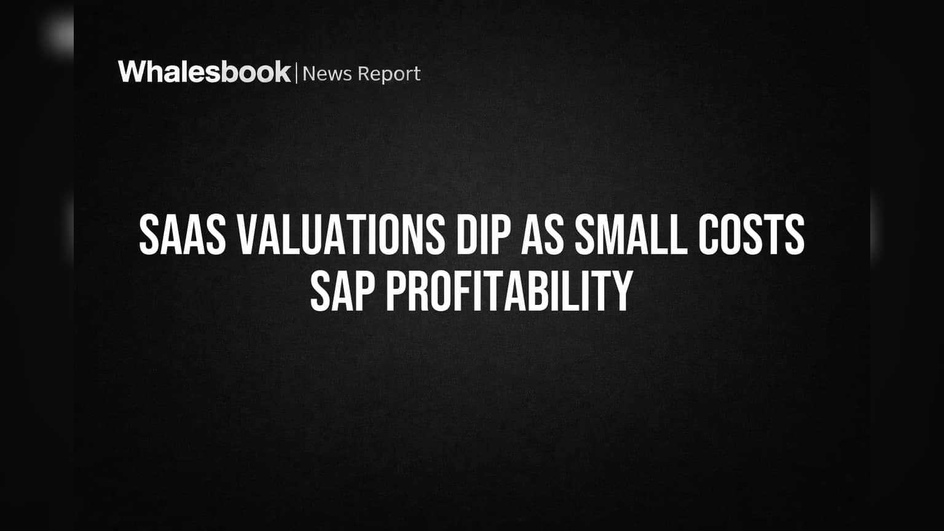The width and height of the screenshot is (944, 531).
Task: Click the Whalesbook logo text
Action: point(205,72)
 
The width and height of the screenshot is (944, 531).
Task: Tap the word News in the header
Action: point(327,74)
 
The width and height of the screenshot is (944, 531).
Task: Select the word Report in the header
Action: point(389,74)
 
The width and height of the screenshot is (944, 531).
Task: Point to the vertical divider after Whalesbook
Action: point(297,73)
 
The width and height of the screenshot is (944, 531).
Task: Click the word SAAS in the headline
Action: point(183,234)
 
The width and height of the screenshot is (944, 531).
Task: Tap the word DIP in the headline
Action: point(484,234)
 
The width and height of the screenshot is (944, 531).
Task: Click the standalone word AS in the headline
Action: point(543,234)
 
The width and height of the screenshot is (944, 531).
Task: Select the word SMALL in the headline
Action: point(631,234)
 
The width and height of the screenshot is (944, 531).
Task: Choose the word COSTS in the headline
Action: point(752,234)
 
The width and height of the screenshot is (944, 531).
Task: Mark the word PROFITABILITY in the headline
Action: point(509,291)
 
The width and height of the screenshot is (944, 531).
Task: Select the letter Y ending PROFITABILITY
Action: point(621,291)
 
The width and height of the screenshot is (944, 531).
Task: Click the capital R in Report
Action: point(364,74)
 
